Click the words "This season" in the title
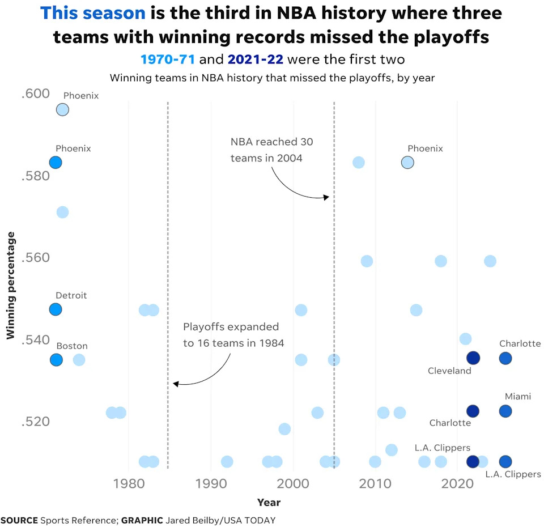click(x=93, y=13)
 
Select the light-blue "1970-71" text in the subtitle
click(x=168, y=59)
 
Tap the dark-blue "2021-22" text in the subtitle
click(x=255, y=59)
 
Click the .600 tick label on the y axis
click(x=36, y=94)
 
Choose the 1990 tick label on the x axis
click(x=211, y=485)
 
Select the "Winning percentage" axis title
click(x=10, y=286)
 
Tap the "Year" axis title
click(x=269, y=502)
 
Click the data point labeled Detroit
click(x=55, y=309)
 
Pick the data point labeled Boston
click(x=56, y=360)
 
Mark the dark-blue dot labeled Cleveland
click(x=473, y=358)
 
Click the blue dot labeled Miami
click(x=505, y=411)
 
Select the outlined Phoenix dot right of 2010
click(x=407, y=163)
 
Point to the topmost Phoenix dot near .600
click(x=62, y=110)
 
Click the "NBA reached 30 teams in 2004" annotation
click(x=271, y=150)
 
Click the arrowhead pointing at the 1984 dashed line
click(x=175, y=384)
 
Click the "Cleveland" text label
click(x=449, y=371)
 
